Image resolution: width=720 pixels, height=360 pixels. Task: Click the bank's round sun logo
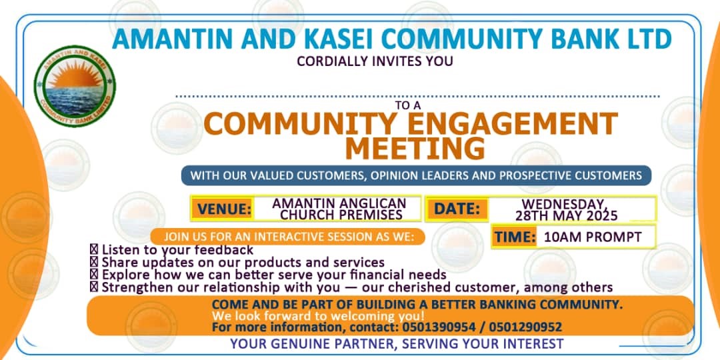75,86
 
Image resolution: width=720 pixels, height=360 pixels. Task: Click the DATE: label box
457,209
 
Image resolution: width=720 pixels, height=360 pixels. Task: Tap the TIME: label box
515,237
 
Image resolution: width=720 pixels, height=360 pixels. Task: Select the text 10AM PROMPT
593,237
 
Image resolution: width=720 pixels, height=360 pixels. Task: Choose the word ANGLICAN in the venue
371,203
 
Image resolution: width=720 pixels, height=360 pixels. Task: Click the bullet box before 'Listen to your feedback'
94,250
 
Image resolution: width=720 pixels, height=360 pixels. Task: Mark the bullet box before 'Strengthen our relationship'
94,288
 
